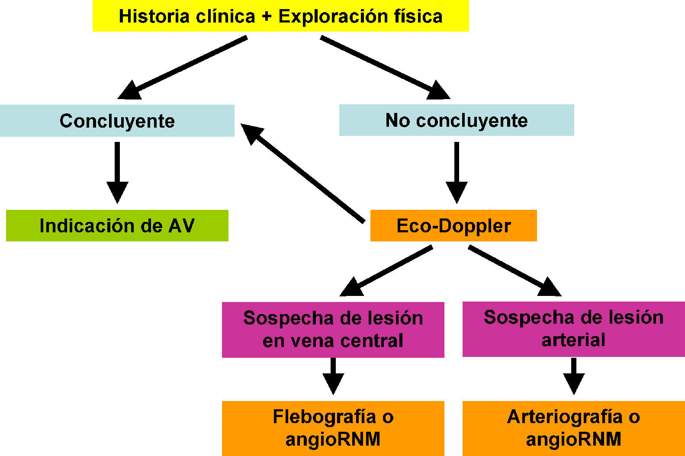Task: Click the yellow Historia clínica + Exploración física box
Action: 280,16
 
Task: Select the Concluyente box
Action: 117,121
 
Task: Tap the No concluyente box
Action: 456,120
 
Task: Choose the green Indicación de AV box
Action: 117,225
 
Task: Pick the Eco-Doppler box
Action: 453,225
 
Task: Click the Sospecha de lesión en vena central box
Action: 333,329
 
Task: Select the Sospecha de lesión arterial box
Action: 573,329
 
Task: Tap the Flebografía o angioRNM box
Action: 333,428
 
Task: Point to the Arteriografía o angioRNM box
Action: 573,428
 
